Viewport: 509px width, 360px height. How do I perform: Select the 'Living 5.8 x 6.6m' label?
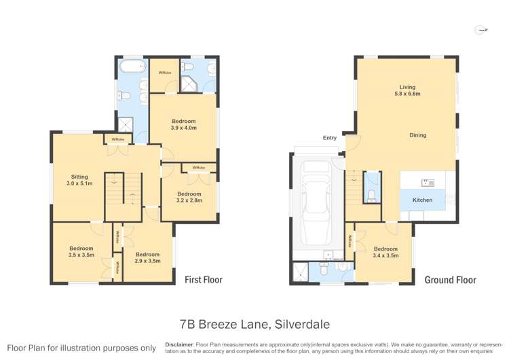[x=407, y=91]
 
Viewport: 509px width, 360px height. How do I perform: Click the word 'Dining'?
[x=417, y=135]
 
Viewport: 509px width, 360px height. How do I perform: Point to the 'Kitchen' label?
[x=422, y=200]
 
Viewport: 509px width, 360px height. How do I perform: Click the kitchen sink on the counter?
[x=428, y=182]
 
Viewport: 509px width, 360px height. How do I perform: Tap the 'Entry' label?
[x=330, y=138]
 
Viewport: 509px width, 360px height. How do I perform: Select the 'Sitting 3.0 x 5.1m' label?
[x=79, y=179]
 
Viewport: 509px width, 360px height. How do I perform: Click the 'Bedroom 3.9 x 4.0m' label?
[x=183, y=124]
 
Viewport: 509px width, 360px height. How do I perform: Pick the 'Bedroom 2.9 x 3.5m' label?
[x=147, y=258]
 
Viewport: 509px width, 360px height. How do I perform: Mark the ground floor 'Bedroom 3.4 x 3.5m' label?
[x=385, y=252]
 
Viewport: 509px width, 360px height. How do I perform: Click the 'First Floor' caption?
[x=204, y=279]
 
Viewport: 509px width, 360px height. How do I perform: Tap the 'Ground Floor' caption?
[x=450, y=280]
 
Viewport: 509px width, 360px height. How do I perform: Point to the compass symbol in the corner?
[x=481, y=30]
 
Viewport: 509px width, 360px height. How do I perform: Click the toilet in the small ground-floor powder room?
[x=371, y=196]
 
